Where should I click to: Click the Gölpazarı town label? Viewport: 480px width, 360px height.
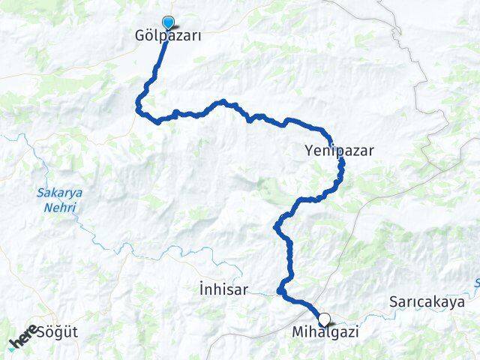coord(169,36)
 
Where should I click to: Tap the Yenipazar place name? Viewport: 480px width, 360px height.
coord(339,150)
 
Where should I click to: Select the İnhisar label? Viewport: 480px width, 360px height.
coord(223,288)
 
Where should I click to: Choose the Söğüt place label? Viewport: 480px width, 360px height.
coord(57,331)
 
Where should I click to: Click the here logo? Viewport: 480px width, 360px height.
coord(22,336)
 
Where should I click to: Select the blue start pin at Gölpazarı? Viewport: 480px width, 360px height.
coord(168,22)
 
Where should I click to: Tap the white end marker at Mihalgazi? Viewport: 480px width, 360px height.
coord(324,318)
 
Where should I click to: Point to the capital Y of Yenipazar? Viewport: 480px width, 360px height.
coord(309,150)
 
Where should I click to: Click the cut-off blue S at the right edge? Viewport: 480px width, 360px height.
coord(477,283)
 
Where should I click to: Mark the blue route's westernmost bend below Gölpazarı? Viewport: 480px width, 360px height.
coord(137,109)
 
